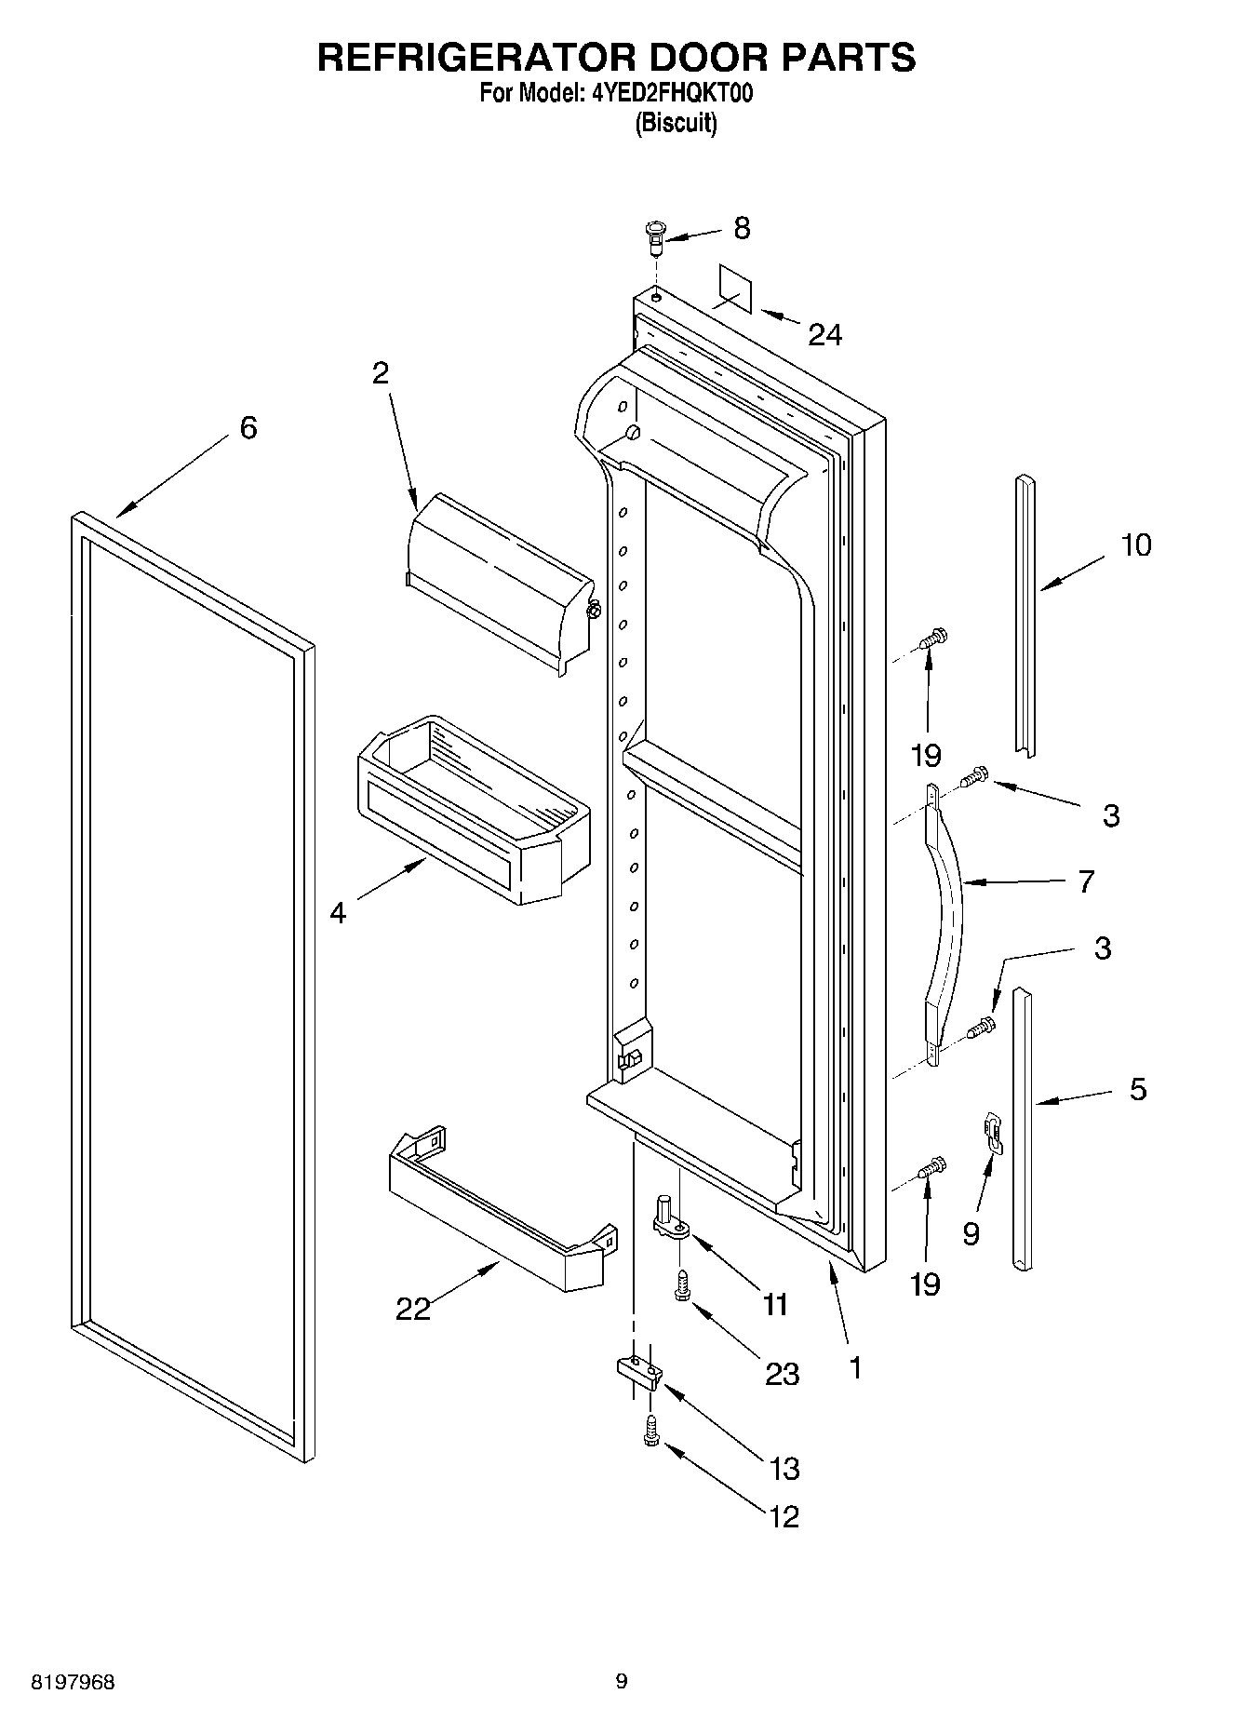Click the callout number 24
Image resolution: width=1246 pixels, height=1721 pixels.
824,334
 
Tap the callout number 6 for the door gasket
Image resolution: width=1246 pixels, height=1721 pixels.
248,428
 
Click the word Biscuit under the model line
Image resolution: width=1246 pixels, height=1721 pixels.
676,124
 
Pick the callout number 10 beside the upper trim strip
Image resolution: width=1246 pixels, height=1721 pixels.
1135,545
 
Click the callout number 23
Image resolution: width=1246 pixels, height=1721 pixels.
782,1374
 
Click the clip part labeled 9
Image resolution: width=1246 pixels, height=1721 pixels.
994,1133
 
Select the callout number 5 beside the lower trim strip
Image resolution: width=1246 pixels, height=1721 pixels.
1138,1089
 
